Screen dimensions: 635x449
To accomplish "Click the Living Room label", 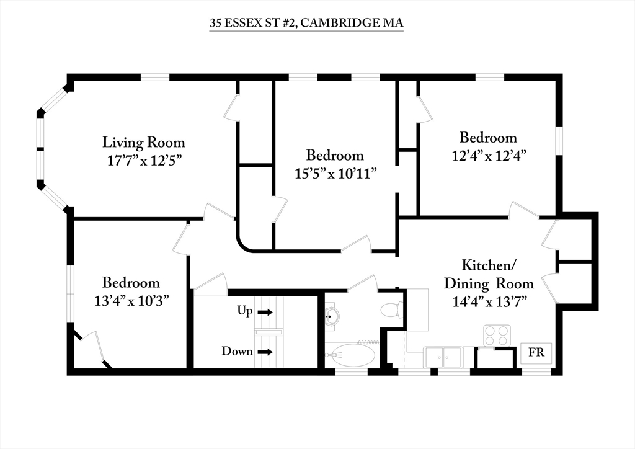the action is [143, 143].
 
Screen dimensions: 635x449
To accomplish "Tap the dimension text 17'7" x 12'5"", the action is [143, 161].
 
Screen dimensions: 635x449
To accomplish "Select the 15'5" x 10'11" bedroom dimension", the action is [335, 174].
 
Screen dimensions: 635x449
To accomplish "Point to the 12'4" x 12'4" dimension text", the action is [489, 156].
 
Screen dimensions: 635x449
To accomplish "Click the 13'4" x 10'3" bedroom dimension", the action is [131, 301].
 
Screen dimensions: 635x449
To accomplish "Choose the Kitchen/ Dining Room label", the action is [489, 275].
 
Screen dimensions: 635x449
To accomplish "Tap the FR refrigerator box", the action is [536, 352].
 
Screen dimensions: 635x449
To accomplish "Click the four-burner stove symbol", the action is [497, 336].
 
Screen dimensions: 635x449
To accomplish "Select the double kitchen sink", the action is [443, 357].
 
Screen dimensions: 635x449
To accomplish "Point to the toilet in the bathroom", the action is [392, 310].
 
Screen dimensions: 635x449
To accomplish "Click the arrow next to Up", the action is [265, 312].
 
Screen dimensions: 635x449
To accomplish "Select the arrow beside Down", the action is [265, 352].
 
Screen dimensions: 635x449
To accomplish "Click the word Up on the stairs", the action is [244, 311].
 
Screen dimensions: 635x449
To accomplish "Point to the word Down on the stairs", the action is [237, 351].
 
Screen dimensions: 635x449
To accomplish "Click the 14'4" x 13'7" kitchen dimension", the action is [489, 301].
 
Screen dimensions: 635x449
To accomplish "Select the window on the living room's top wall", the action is [154, 77].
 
